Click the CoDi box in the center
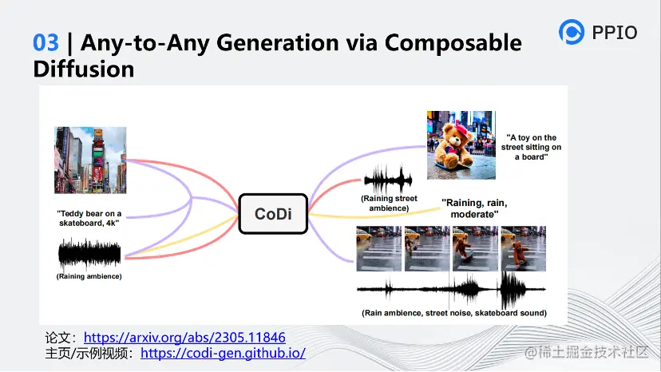coord(273,214)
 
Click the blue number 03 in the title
coord(46,42)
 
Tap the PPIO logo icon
coord(572,32)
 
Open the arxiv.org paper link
coord(184,338)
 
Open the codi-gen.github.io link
coord(223,353)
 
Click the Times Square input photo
coord(90,160)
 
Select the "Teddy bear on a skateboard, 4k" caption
coord(89,218)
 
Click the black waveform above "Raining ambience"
coord(89,254)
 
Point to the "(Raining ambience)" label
coord(89,276)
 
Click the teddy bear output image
coord(461,145)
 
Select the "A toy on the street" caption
coord(531,147)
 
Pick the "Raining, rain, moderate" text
coord(474,208)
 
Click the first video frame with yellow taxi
coord(379,248)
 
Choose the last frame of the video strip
coord(523,248)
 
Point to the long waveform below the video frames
coord(451,289)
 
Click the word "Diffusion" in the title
coord(84,69)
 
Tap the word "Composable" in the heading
coord(453,43)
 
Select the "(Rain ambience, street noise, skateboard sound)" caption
coord(454,313)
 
